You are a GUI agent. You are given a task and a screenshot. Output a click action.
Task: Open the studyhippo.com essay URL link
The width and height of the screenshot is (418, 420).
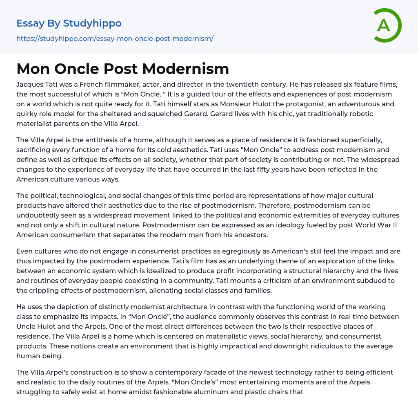(x=115, y=39)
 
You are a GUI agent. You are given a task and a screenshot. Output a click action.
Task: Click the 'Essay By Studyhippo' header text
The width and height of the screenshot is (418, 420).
(x=69, y=23)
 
